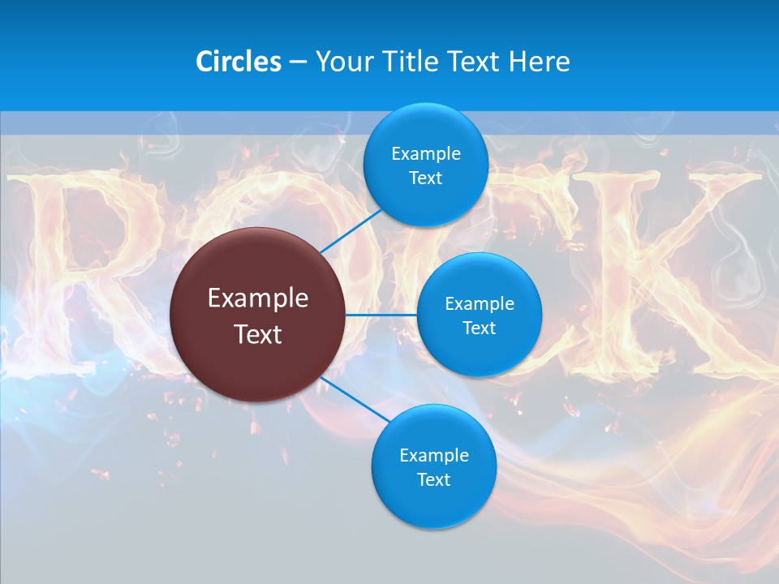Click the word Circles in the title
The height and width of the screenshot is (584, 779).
point(239,62)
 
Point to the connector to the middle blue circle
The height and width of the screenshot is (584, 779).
point(381,315)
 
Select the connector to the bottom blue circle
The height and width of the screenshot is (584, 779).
point(357,399)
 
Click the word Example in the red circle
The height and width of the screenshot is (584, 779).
point(258,298)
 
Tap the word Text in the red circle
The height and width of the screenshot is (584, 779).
point(258,334)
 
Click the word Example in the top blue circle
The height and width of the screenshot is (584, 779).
point(426,153)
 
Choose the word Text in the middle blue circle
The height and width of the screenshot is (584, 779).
point(479,328)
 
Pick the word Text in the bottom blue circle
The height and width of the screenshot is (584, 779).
point(433,479)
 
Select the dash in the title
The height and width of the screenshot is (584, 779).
point(297,62)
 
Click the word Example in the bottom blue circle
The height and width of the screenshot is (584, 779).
point(433,455)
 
